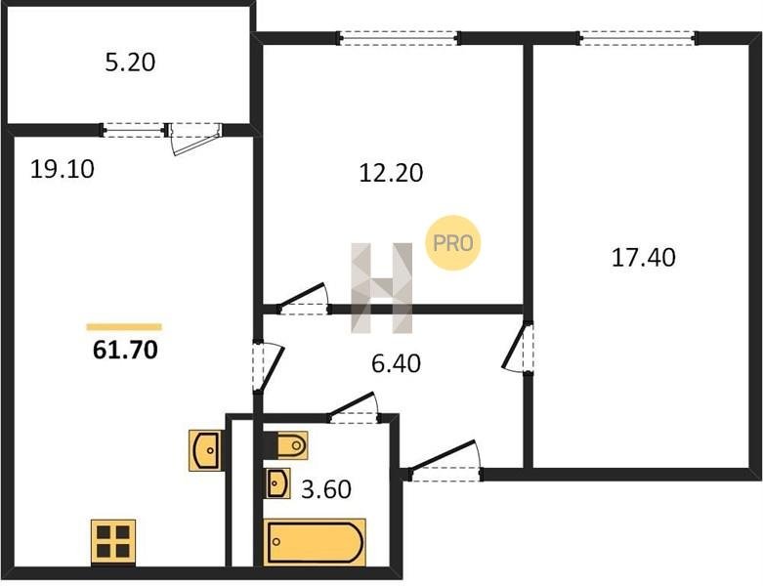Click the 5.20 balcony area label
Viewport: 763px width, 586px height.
(x=130, y=63)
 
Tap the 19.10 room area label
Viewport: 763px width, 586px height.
(x=63, y=169)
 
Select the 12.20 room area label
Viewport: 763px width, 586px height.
(x=391, y=173)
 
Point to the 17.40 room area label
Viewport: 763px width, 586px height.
(x=643, y=257)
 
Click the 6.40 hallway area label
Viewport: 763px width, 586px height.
(x=396, y=363)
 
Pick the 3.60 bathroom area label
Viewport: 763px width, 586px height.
(x=326, y=489)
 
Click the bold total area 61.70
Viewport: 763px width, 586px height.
(x=125, y=350)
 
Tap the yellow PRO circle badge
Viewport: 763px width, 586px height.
(x=452, y=242)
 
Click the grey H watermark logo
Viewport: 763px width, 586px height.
(x=382, y=288)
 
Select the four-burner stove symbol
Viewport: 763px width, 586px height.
(x=113, y=541)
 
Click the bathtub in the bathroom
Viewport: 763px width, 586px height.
(x=315, y=542)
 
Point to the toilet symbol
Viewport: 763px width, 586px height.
(x=286, y=445)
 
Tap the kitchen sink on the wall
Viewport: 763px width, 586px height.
(x=206, y=450)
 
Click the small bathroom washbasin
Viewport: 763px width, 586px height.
(x=276, y=482)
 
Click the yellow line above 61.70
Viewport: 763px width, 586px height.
(x=124, y=327)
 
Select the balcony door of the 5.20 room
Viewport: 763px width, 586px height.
(x=193, y=138)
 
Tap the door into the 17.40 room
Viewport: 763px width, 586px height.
(x=519, y=348)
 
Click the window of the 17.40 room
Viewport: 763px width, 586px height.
(x=638, y=38)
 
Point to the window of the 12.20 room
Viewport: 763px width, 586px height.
(x=399, y=38)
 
